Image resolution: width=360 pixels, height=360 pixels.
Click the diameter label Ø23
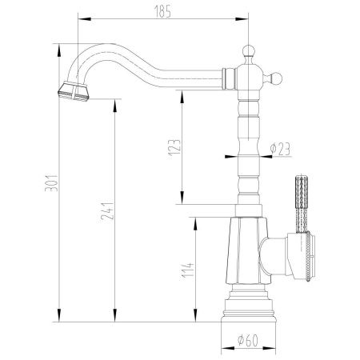[281, 148]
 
